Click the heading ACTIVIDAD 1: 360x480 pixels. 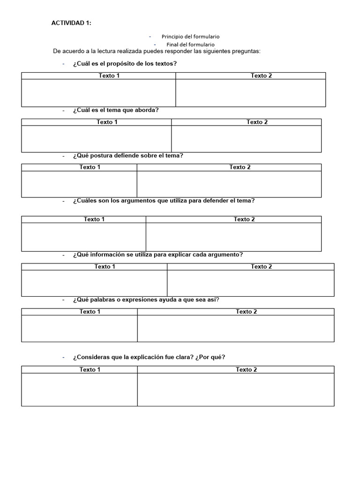point(71,24)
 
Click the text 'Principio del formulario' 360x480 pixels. point(190,37)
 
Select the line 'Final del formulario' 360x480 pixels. point(190,45)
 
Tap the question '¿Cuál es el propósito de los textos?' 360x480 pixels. point(125,64)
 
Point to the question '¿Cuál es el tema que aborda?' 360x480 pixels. point(116,110)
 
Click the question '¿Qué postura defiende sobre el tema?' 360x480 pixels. point(127,156)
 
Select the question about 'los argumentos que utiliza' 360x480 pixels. point(164,201)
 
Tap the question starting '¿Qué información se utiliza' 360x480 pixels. point(157,255)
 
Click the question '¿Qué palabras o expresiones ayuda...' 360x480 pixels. point(146,300)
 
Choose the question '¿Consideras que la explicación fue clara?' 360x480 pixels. point(149,357)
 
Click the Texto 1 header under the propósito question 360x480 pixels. point(109,76)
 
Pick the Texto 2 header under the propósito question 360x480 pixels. point(261,76)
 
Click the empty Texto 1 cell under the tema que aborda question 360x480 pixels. point(96,139)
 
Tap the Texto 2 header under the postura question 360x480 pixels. point(240,167)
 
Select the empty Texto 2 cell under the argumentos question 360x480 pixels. point(233,237)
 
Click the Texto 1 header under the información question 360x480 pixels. point(105,267)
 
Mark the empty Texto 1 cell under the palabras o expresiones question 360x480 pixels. point(79,328)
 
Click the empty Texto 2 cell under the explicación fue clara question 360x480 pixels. point(236,390)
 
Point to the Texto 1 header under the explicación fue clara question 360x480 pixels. point(90,370)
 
